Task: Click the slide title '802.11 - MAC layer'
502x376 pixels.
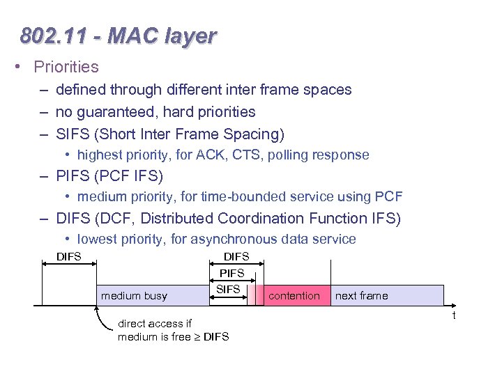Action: (x=119, y=36)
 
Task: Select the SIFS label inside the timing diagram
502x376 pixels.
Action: (x=229, y=289)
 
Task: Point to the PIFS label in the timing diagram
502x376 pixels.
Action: (x=232, y=274)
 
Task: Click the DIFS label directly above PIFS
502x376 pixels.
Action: (x=236, y=257)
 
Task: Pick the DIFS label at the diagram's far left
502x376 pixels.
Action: (x=68, y=257)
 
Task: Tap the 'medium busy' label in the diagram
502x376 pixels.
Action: (x=134, y=296)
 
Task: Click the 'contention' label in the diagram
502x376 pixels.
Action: (x=294, y=296)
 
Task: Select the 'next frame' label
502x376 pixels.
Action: (x=361, y=296)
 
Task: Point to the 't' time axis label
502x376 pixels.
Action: (x=453, y=315)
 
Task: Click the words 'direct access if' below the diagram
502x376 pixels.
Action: (x=154, y=324)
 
